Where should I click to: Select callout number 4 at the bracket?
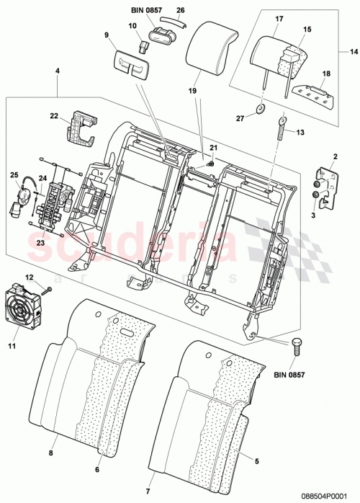coord(58,71)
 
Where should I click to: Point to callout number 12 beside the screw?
coord(30,277)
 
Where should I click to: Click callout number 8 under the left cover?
coord(50,453)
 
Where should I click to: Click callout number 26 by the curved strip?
coord(180,10)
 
